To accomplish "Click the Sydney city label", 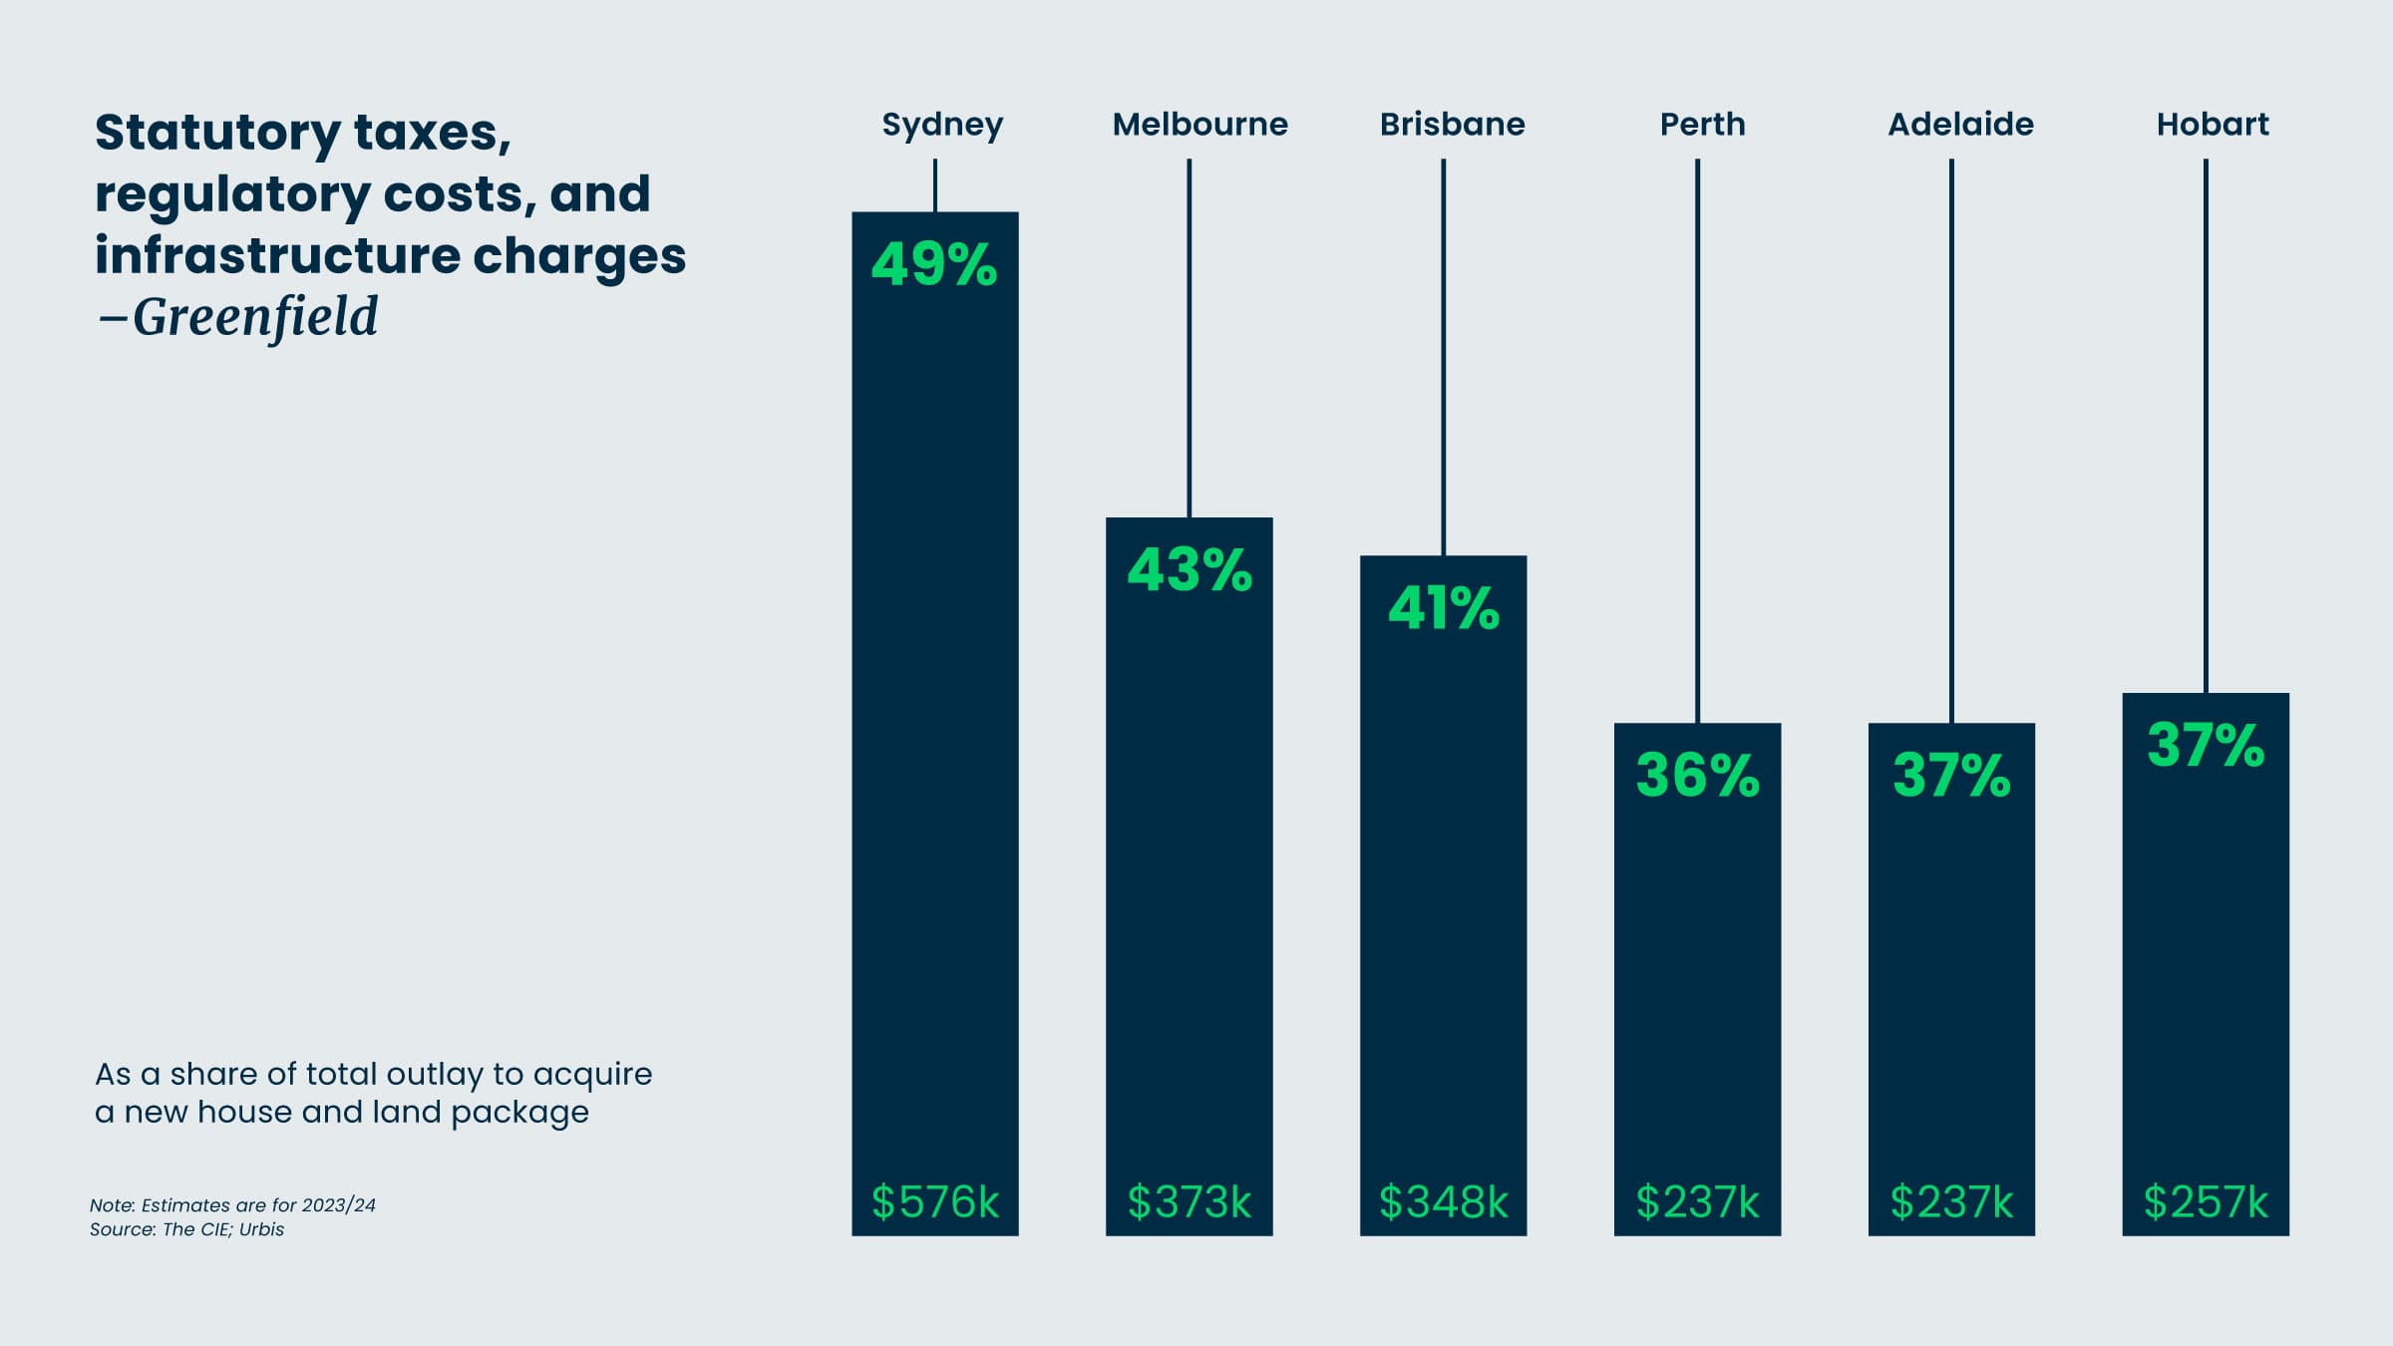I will [x=942, y=125].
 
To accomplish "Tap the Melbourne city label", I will [x=1199, y=125].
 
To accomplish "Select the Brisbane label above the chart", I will [x=1452, y=125].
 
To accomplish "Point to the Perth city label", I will [x=1702, y=125].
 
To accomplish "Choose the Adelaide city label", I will [x=1960, y=125].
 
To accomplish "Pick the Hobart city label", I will [x=2212, y=125].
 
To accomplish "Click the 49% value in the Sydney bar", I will [x=934, y=264].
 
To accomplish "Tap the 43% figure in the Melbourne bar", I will [x=1190, y=570].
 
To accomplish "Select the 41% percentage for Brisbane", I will [x=1444, y=608].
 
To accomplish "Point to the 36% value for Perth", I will [x=1698, y=776].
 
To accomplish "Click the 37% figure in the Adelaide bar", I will [x=1951, y=776].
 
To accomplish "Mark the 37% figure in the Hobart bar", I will [x=2206, y=745].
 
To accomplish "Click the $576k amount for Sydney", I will [x=935, y=1201].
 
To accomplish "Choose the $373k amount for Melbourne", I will [x=1190, y=1201].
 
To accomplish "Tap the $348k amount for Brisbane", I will [x=1444, y=1201].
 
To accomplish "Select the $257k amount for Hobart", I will [x=2206, y=1201].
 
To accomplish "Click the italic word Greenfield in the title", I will [x=255, y=317].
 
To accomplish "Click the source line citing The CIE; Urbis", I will [x=187, y=1229].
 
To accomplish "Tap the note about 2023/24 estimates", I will [x=232, y=1204].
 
